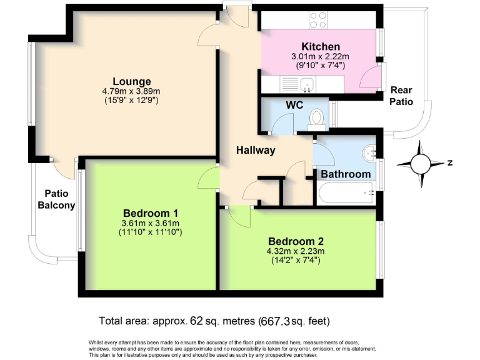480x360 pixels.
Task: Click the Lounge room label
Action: [x=131, y=81]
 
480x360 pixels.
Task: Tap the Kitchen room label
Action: [x=321, y=47]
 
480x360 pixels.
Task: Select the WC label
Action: [x=294, y=105]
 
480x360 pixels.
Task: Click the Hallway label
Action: [x=256, y=150]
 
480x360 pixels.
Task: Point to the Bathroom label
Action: [x=346, y=174]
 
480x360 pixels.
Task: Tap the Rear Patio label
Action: [x=401, y=96]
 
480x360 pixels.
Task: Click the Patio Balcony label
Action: [x=56, y=199]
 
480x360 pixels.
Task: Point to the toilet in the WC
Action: [x=318, y=117]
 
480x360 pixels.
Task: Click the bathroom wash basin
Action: [x=370, y=151]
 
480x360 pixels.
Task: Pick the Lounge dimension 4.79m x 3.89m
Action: [x=131, y=91]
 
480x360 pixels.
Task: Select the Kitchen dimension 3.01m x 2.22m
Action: [x=321, y=57]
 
